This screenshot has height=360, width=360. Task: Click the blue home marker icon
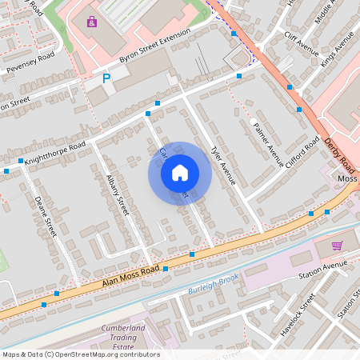[180, 173]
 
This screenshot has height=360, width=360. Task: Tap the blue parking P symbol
[106, 78]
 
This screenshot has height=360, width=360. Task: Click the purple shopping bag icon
[93, 22]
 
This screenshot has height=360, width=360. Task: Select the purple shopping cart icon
[337, 246]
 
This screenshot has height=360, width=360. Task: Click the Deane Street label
[46, 215]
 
